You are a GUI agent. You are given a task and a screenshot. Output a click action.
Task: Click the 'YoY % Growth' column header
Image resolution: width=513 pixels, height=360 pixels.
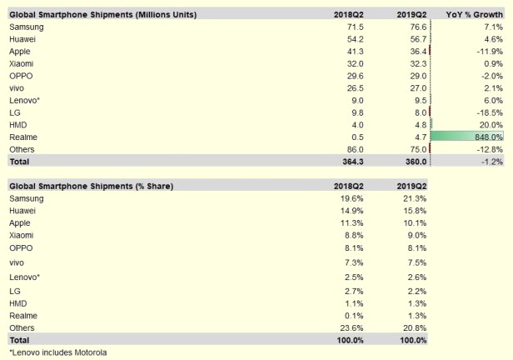[x=474, y=15]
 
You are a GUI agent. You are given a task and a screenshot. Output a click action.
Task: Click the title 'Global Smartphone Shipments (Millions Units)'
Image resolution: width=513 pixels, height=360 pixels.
[x=97, y=15]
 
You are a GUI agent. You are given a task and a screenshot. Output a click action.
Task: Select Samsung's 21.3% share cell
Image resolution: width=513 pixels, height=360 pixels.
[x=414, y=198]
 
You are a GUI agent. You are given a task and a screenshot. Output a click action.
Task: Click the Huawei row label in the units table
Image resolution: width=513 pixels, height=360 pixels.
[x=24, y=39]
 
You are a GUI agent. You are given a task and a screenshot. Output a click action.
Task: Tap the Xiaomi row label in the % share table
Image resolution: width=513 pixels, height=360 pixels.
[x=22, y=235]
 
